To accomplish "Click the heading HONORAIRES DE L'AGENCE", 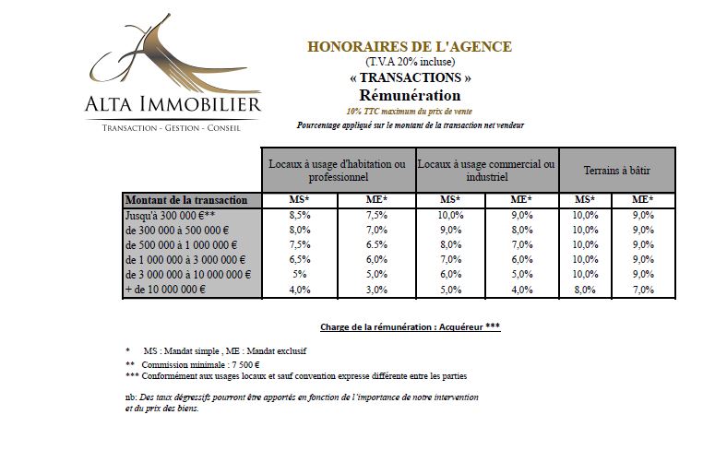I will click(x=409, y=46).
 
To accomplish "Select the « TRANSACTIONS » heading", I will click(x=409, y=78).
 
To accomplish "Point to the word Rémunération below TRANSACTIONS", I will click(x=409, y=95).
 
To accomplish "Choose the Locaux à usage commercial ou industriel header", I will click(x=487, y=170).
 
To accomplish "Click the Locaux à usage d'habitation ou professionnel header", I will click(x=337, y=170).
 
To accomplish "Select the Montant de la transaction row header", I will click(x=186, y=200).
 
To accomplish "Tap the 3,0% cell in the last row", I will click(x=377, y=289).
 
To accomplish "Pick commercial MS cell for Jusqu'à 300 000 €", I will click(x=450, y=215).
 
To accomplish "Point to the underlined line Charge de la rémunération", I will click(x=410, y=326).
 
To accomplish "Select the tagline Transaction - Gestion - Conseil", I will click(x=172, y=127).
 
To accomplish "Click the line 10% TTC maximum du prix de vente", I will click(x=409, y=110).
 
